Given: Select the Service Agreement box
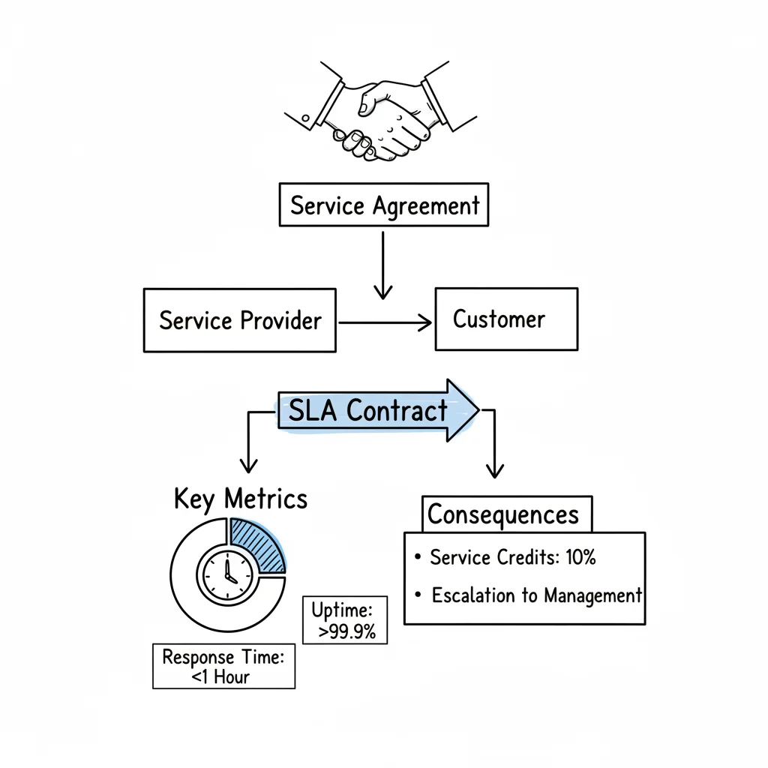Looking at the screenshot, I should [383, 205].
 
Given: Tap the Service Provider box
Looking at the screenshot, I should [240, 320].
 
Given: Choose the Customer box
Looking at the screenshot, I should [506, 319].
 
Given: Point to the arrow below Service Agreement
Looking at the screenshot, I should [383, 266].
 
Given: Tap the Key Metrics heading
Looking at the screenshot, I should [240, 499].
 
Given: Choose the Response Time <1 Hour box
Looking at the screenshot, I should [223, 666].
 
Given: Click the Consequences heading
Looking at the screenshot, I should [503, 515].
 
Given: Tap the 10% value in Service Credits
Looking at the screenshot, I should [580, 558].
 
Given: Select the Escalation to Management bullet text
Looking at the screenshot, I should [536, 595].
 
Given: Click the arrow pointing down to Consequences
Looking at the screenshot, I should [493, 450].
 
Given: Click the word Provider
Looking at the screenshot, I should [281, 320].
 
